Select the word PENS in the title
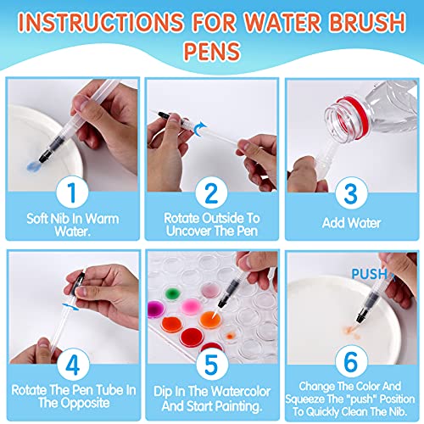click(x=212, y=50)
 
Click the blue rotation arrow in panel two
click(x=200, y=126)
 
